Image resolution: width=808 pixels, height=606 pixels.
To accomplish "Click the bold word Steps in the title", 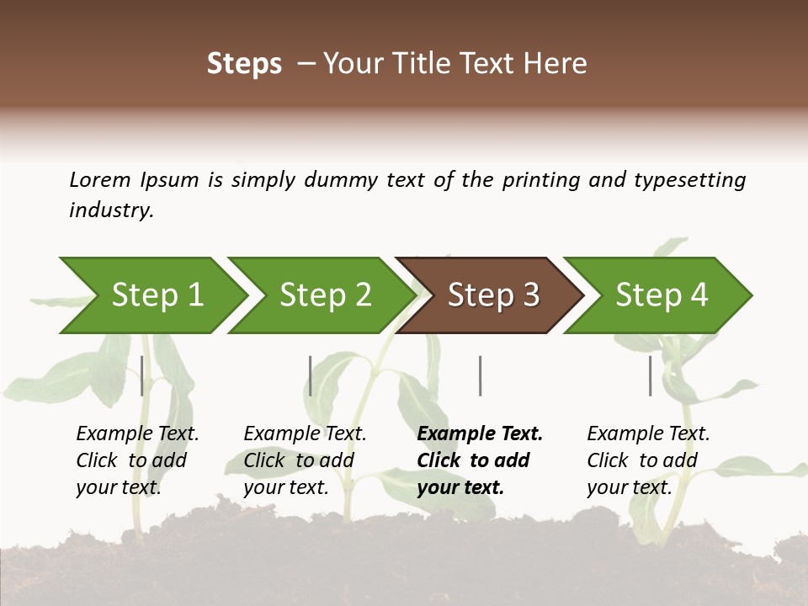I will (x=244, y=64).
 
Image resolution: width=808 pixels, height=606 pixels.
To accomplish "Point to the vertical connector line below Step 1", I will (x=142, y=375).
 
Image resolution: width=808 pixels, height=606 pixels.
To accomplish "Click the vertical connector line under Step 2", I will (x=311, y=375).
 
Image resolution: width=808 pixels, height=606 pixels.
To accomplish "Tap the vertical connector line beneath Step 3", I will (x=480, y=375).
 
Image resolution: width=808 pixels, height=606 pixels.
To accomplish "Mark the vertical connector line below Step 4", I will (x=651, y=375).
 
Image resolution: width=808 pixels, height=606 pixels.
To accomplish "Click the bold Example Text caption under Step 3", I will (x=480, y=460).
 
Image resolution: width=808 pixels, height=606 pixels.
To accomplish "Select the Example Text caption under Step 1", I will (x=137, y=460).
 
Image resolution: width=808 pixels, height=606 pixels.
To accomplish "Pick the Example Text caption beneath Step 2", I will (x=305, y=460).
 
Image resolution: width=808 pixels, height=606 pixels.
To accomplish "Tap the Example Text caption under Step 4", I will (x=648, y=460).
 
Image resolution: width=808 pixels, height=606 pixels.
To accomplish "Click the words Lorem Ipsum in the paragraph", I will (x=134, y=179).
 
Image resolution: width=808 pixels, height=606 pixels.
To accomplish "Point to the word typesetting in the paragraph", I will (x=689, y=179).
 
